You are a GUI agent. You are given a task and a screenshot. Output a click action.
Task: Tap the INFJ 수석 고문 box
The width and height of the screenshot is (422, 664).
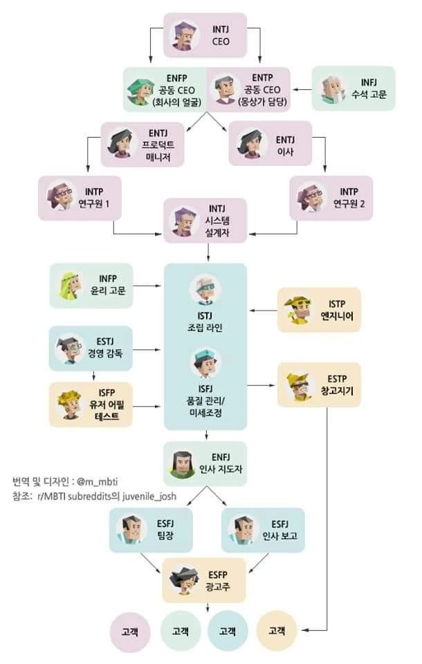tap(353, 88)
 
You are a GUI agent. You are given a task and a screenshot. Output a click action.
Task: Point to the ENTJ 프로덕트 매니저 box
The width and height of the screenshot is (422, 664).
tap(143, 143)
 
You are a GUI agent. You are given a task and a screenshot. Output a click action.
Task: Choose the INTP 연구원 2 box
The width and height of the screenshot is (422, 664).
tap(331, 198)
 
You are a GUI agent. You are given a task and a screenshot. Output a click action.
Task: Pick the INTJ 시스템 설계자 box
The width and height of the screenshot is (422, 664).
tap(205, 220)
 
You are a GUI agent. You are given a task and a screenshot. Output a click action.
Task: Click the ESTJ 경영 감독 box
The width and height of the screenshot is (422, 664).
tap(91, 348)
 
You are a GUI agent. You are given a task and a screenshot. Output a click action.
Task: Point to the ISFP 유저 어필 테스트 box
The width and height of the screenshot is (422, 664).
tap(91, 404)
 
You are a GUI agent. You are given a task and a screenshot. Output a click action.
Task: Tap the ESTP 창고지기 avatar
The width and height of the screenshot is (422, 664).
tap(299, 385)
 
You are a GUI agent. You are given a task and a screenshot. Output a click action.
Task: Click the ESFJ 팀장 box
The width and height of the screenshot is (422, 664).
tap(148, 530)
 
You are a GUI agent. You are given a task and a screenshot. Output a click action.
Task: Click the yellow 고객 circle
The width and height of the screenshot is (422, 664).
tap(277, 631)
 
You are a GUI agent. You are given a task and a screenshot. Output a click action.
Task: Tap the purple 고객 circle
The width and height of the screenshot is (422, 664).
tap(130, 631)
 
